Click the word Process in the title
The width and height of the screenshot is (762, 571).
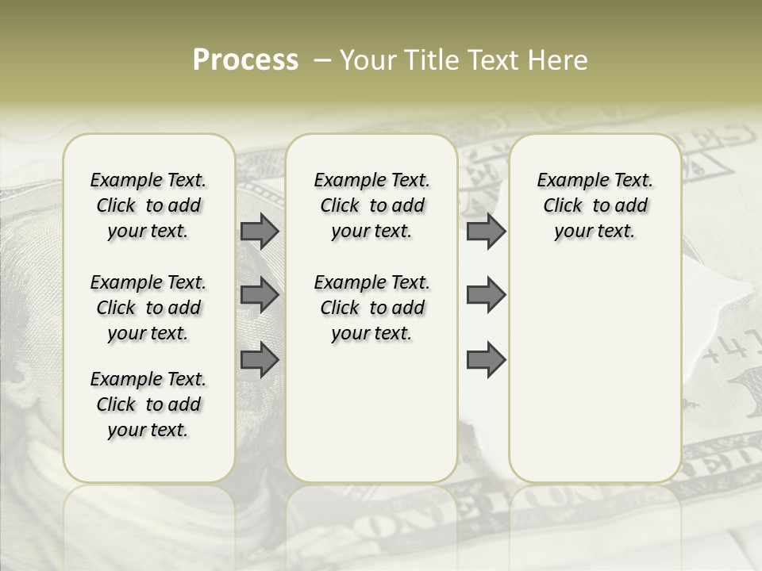tap(245, 60)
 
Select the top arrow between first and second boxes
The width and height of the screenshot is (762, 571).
tap(260, 231)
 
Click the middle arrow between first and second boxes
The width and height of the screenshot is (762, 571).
tap(260, 295)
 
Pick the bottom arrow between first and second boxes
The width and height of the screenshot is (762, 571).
tap(260, 360)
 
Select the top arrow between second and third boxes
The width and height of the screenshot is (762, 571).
tap(486, 231)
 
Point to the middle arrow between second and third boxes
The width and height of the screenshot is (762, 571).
tap(486, 295)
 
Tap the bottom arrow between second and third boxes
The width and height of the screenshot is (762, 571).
tap(486, 360)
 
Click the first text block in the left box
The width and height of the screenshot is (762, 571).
tap(148, 205)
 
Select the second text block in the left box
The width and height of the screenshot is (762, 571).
tap(148, 308)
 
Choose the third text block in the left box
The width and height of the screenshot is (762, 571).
tap(148, 404)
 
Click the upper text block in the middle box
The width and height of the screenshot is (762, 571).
tap(371, 205)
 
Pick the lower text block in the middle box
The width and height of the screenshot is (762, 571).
tap(371, 308)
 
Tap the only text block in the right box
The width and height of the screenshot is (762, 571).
tap(595, 205)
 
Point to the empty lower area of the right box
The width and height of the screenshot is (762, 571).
tap(595, 373)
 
